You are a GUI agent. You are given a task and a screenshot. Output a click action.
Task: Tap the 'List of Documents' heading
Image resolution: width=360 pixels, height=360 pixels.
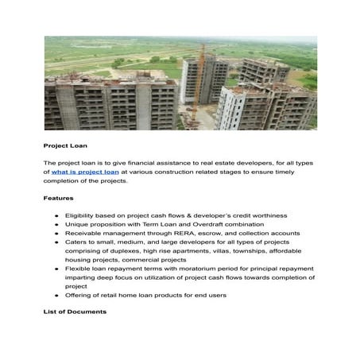click(x=75, y=312)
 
